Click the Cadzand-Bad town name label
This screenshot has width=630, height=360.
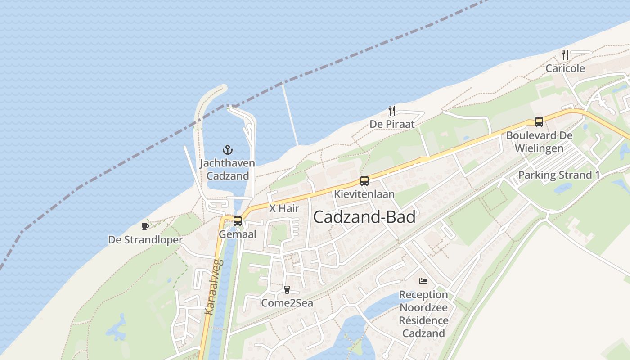pyautogui.click(x=364, y=217)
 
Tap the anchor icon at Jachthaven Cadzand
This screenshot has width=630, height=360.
pyautogui.click(x=228, y=149)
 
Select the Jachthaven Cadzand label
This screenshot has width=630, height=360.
pyautogui.click(x=227, y=169)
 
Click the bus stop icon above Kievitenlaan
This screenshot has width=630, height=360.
pyautogui.click(x=364, y=181)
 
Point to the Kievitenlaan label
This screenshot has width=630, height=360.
pyautogui.click(x=364, y=194)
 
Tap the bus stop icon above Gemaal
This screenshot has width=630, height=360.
pyautogui.click(x=238, y=220)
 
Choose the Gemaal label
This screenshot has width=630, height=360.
pyautogui.click(x=238, y=234)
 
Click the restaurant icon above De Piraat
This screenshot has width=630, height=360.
pyautogui.click(x=392, y=110)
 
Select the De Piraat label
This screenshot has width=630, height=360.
pyautogui.click(x=392, y=124)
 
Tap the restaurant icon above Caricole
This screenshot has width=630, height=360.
pyautogui.click(x=565, y=55)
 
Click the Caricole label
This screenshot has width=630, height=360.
pyautogui.click(x=565, y=68)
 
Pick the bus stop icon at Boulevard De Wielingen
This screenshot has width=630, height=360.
pyautogui.click(x=539, y=121)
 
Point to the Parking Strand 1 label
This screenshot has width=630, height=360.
pyautogui.click(x=559, y=175)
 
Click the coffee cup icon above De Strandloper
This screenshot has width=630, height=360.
pyautogui.click(x=145, y=226)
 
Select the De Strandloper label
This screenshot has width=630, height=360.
pyautogui.click(x=145, y=240)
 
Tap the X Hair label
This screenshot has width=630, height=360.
pyautogui.click(x=284, y=208)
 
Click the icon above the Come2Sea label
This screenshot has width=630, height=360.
pyautogui.click(x=287, y=289)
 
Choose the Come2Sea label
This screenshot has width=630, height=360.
pyautogui.click(x=287, y=303)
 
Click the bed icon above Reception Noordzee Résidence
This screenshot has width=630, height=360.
pyautogui.click(x=423, y=281)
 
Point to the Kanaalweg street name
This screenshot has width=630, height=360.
pyautogui.click(x=211, y=287)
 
